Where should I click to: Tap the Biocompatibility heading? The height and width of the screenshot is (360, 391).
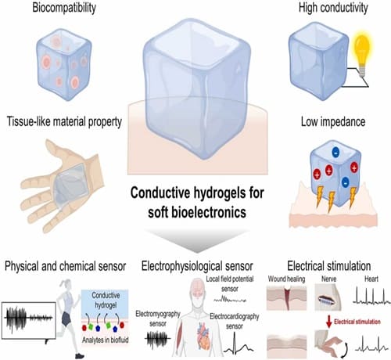64,8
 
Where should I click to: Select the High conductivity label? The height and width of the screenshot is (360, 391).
333,8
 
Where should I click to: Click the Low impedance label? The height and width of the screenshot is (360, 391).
333,121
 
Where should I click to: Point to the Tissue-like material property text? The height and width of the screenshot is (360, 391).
64,121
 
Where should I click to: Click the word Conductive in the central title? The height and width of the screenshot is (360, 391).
160,193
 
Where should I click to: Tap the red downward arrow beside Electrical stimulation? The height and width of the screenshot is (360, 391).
329,322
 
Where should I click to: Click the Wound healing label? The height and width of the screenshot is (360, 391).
286,279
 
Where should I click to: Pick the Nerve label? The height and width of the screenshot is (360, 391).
328,279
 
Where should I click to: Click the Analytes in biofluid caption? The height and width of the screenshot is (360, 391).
106,340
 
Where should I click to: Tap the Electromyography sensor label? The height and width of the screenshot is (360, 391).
158,319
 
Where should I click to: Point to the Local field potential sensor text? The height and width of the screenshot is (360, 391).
230,284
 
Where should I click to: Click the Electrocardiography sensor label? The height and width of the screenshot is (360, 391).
235,321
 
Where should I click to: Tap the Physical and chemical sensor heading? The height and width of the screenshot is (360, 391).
65,266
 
